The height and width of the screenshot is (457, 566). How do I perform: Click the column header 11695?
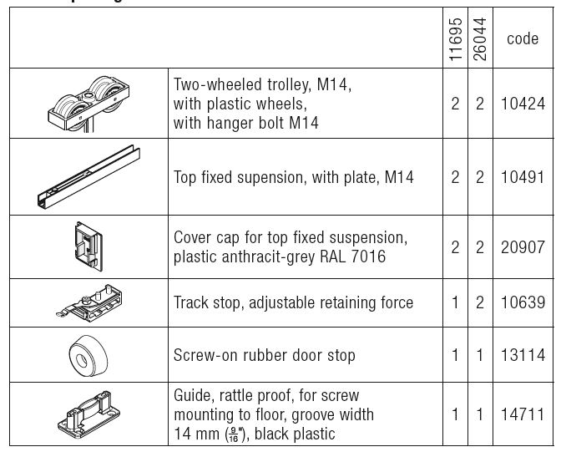pos(455,39)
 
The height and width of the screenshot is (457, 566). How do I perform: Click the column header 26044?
pos(480,39)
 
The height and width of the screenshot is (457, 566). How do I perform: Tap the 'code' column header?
pos(523,39)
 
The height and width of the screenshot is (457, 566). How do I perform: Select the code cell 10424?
pos(523,104)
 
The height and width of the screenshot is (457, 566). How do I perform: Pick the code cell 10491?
pos(523,177)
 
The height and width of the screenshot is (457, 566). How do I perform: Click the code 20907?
pos(523,247)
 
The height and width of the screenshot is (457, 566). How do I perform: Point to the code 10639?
pos(523,302)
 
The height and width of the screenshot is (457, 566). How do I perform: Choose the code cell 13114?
pos(523,355)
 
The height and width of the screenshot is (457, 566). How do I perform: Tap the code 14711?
pos(523,414)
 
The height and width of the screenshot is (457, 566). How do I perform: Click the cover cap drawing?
pos(87,246)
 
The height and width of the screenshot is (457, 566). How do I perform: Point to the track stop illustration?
pos(88,303)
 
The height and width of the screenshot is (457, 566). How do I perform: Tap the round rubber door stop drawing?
pos(87,354)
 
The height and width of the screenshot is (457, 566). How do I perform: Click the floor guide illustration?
pos(87,414)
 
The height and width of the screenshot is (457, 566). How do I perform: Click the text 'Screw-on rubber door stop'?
pos(265,355)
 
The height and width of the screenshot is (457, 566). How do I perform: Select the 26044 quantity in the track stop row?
pos(480,302)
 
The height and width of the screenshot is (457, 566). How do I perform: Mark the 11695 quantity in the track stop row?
pos(455,302)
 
